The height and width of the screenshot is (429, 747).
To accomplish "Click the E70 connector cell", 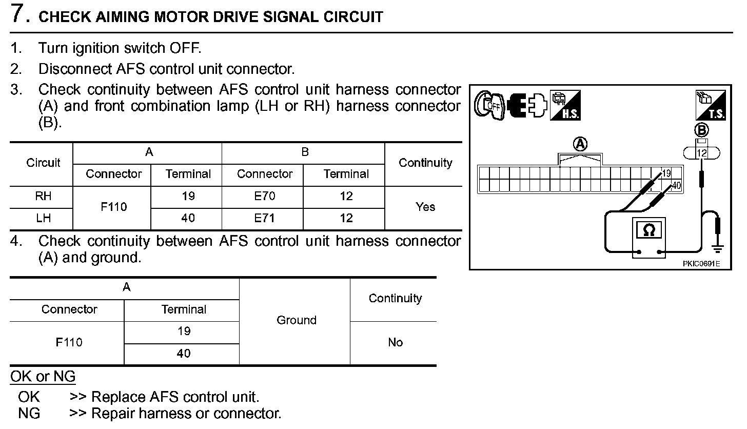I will coord(265,196).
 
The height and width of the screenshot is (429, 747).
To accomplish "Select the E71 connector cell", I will coord(265,218).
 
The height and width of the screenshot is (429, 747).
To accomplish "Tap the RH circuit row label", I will coord(44,196).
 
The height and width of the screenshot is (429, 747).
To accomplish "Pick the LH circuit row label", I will coord(44,218).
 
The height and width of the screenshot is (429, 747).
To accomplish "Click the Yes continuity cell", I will coord(425,207).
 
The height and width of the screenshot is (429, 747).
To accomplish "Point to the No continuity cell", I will coord(395,342).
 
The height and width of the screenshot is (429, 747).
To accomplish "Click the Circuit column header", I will coord(44,163).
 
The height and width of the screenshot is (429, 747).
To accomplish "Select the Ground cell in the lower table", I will coord(296,320).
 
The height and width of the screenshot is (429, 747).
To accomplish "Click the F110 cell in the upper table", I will coord(114,207).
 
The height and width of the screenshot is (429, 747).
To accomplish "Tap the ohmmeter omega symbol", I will coord(649,231).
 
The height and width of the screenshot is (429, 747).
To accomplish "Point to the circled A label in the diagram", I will coord(580,144).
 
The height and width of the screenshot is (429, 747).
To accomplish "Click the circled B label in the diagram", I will coord(701,129).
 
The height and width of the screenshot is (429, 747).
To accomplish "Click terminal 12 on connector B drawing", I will coord(701,153).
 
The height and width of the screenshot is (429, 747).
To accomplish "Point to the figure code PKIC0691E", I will coord(701,264).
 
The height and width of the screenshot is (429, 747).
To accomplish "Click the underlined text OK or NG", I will coord(43,377).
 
